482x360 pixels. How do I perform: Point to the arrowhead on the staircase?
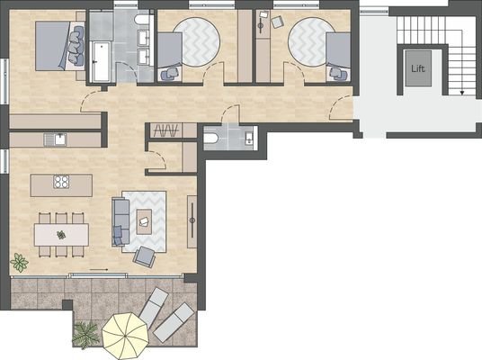pyautogui.click(x=462, y=92)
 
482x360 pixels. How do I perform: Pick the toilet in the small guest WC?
pyautogui.click(x=211, y=138)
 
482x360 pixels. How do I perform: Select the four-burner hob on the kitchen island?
pyautogui.click(x=62, y=183)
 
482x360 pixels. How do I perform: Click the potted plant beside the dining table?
pyautogui.click(x=19, y=263)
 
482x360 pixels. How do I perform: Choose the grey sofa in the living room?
pyautogui.click(x=120, y=220)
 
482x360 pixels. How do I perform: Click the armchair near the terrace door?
pyautogui.click(x=144, y=256)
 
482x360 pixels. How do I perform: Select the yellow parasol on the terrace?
pyautogui.click(x=124, y=335)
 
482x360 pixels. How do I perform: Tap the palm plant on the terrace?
pyautogui.click(x=85, y=335)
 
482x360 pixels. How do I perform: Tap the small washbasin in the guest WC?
pyautogui.click(x=248, y=138)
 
